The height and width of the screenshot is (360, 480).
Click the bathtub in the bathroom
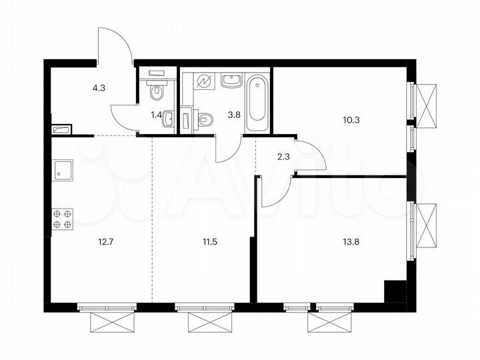click(257, 103)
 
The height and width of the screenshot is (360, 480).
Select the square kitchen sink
click(63, 171)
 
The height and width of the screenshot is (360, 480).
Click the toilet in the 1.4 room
click(157, 90)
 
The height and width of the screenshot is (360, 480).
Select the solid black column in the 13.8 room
click(395, 291)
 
